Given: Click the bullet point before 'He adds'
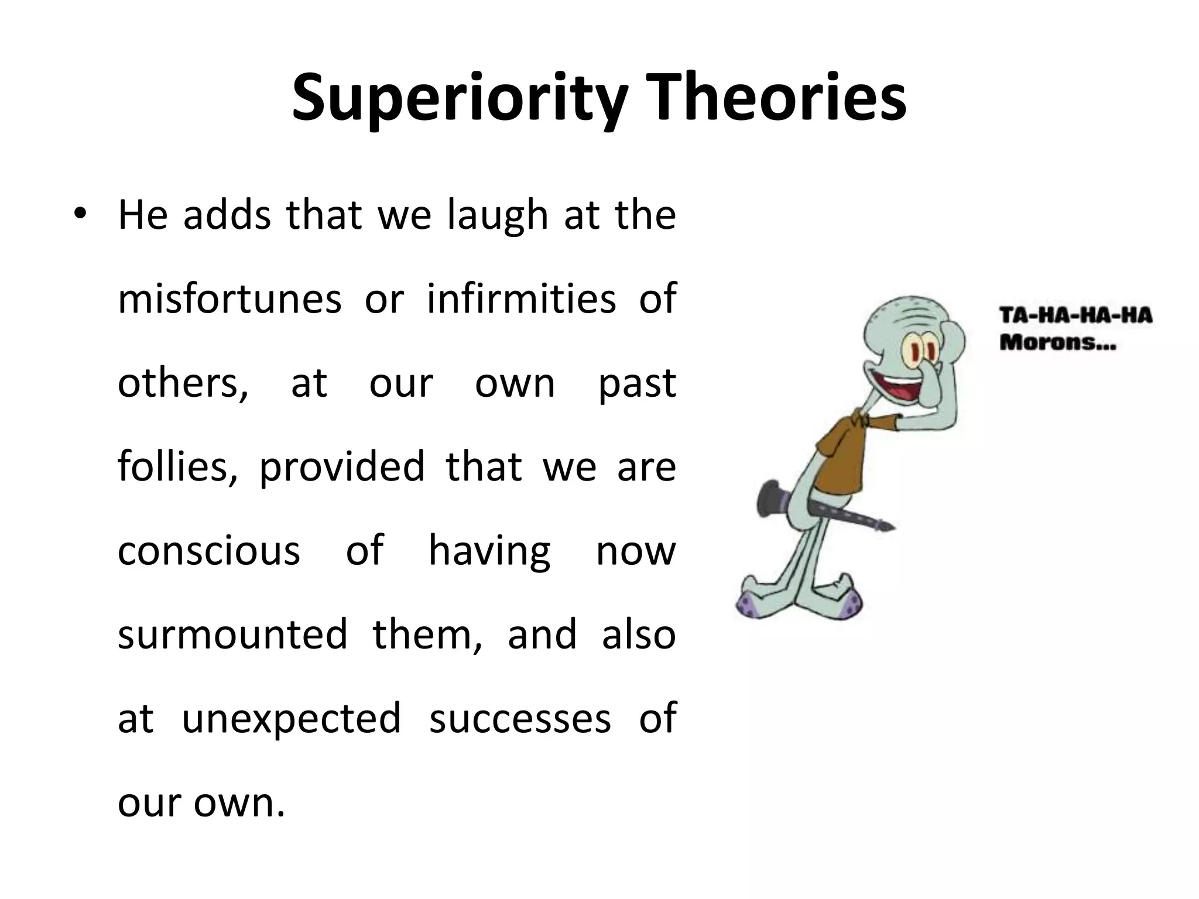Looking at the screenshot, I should (80, 214).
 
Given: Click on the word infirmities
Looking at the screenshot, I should (521, 299).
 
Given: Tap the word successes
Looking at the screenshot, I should (520, 719).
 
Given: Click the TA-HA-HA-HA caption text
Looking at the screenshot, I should (1075, 316).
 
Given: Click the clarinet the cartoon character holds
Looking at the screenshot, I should (820, 507).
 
